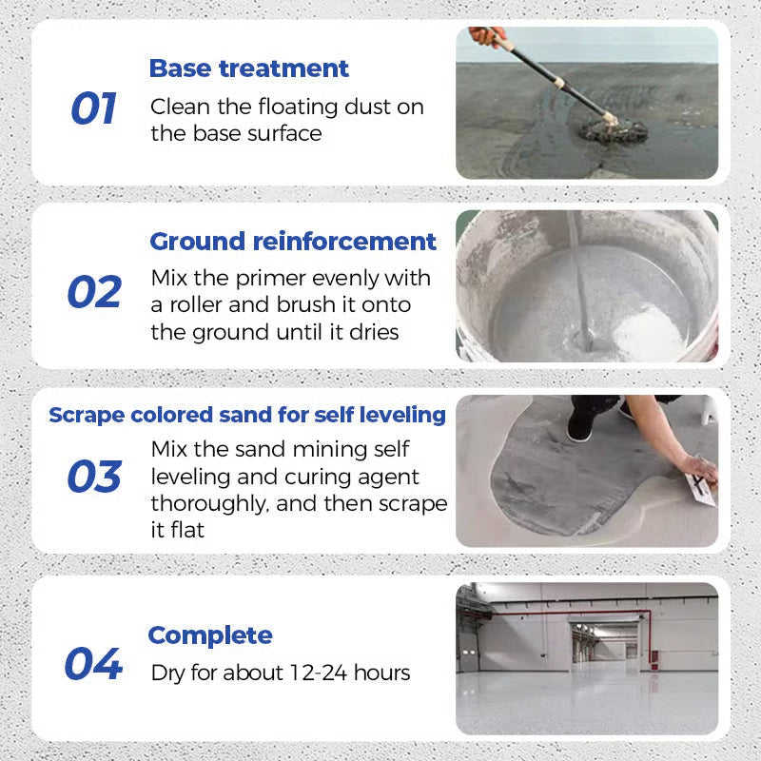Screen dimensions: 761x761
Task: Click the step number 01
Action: tap(93, 109)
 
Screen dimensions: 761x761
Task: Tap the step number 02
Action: tap(94, 292)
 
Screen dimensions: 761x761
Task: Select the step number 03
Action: tap(94, 477)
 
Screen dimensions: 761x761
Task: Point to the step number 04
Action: tap(93, 664)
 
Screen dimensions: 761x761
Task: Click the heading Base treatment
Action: tap(249, 68)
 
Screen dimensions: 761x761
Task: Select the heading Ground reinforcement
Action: tap(293, 242)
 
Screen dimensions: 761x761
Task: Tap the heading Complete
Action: tap(210, 635)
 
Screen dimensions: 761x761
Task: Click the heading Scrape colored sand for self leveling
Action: tap(247, 415)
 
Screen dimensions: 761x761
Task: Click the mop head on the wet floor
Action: tap(614, 127)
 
